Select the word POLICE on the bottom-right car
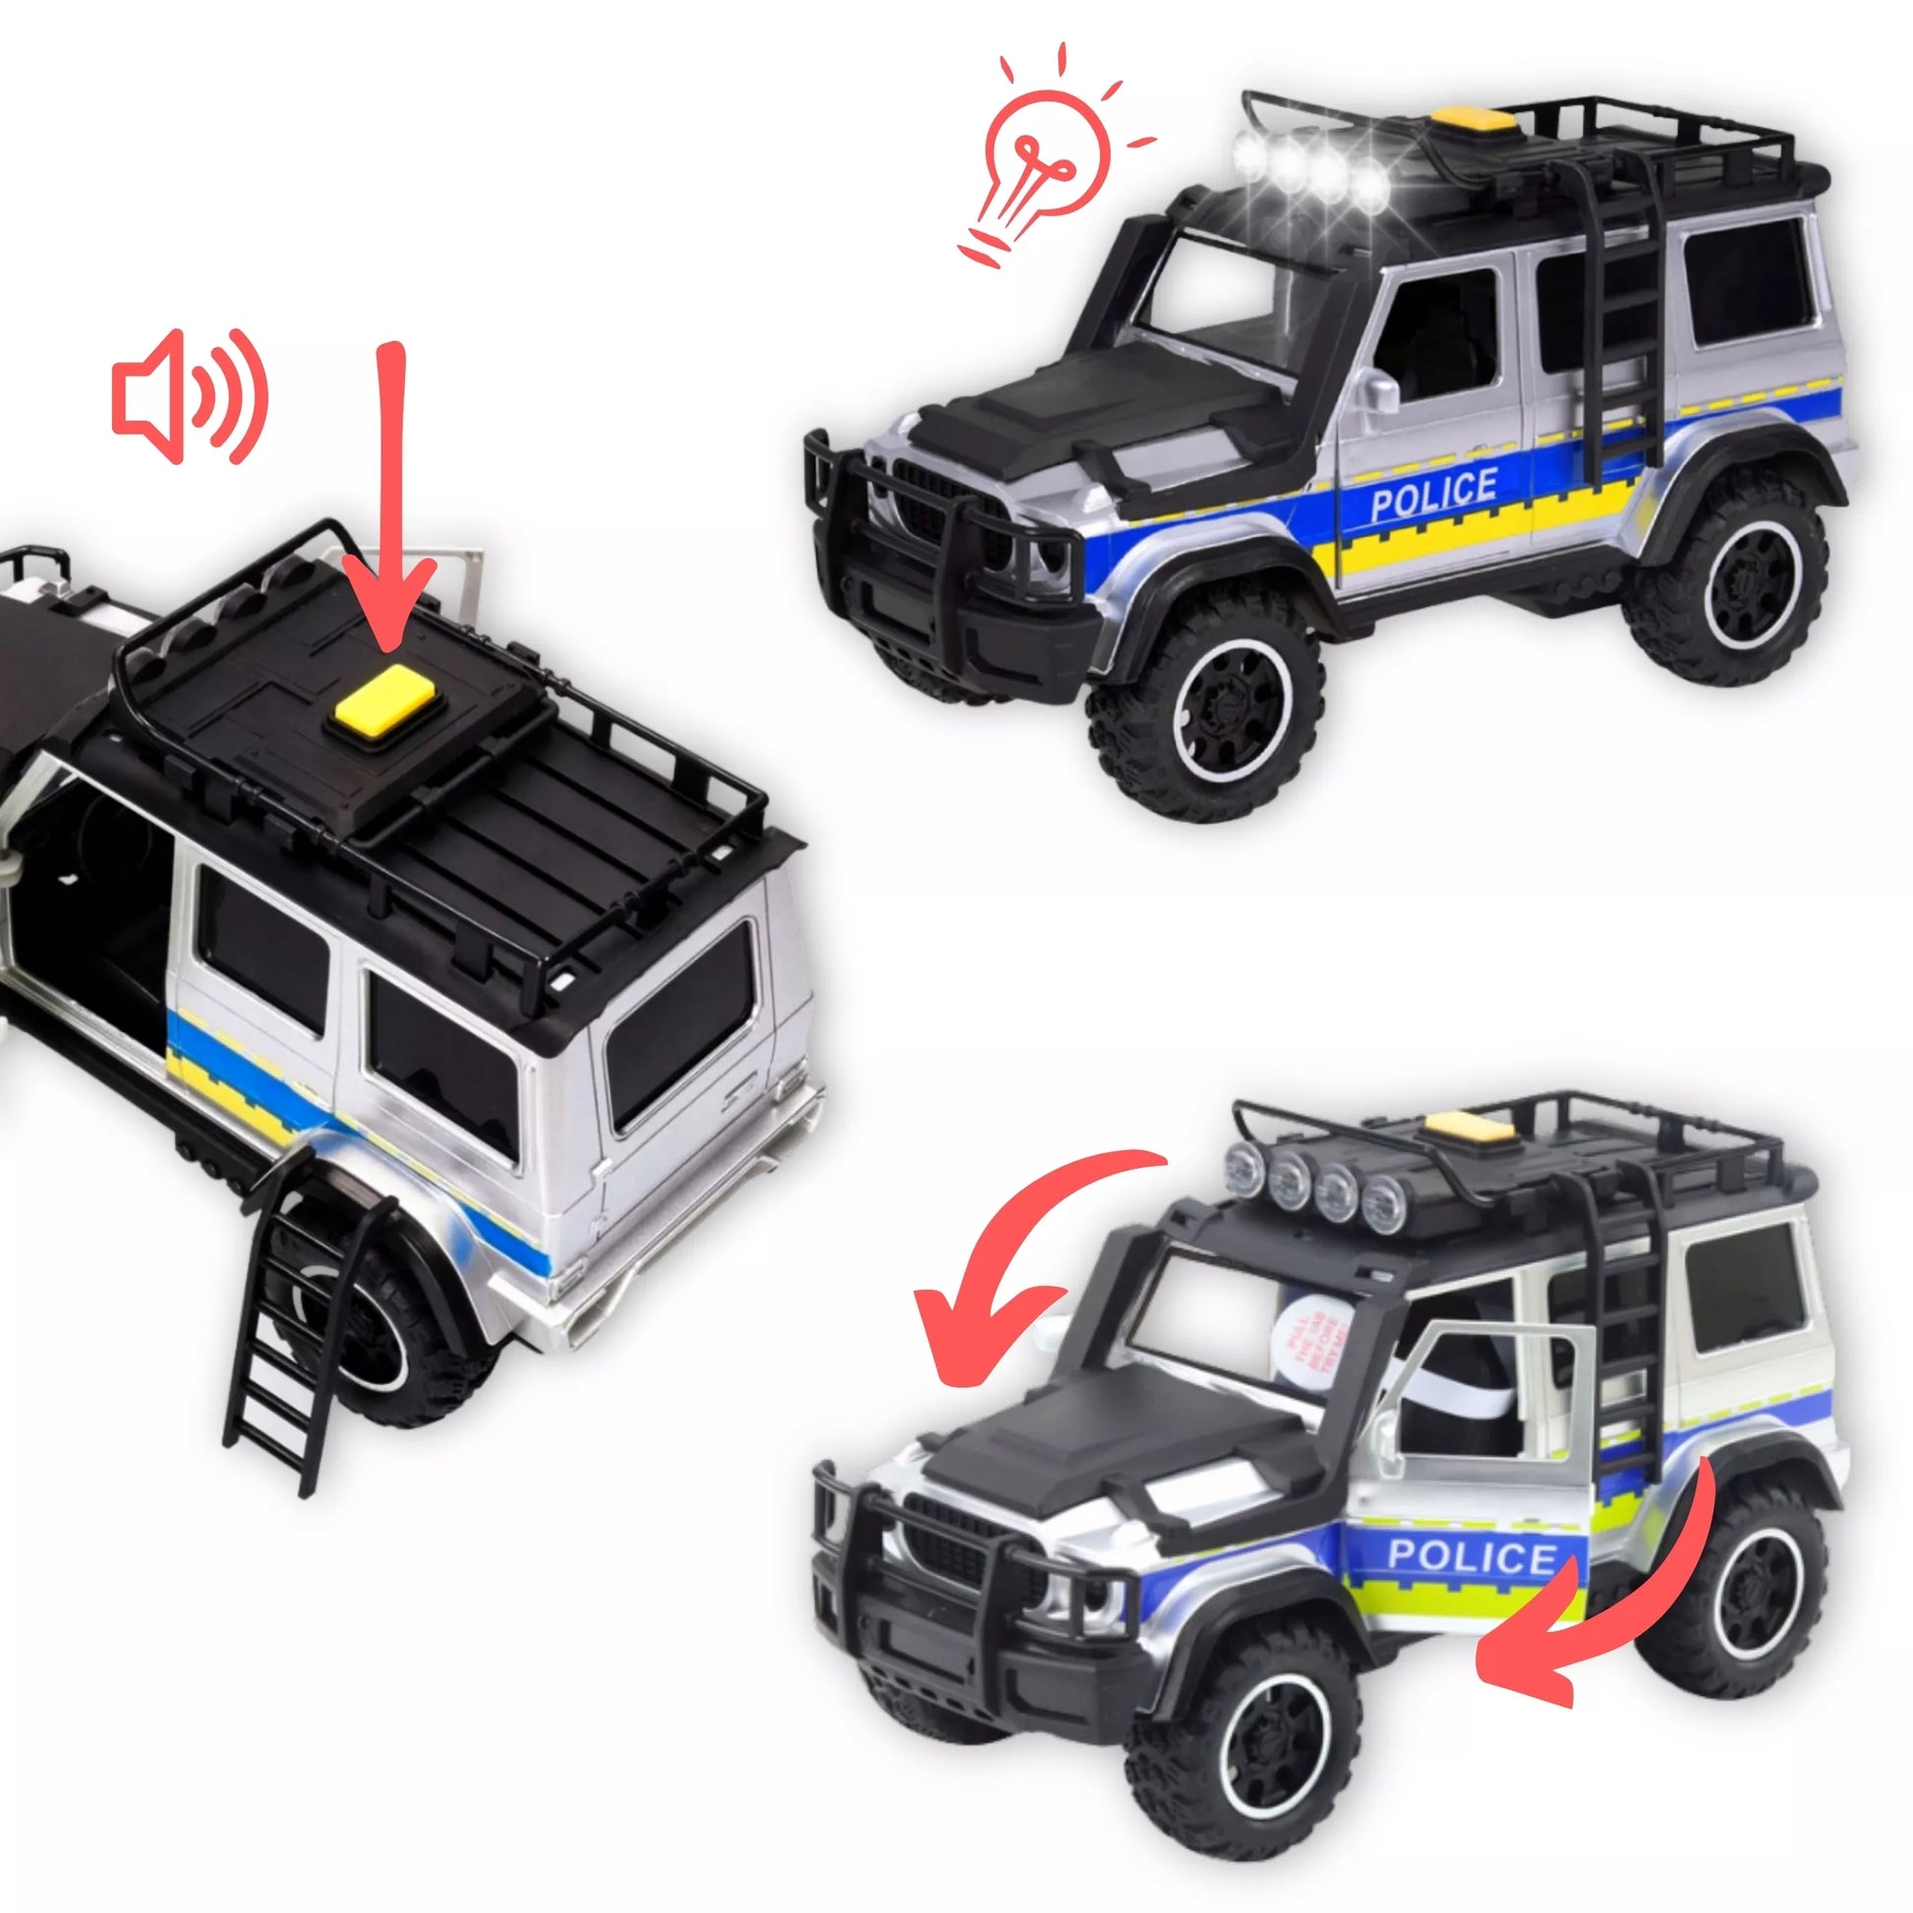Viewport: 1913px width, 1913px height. point(1473,1555)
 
